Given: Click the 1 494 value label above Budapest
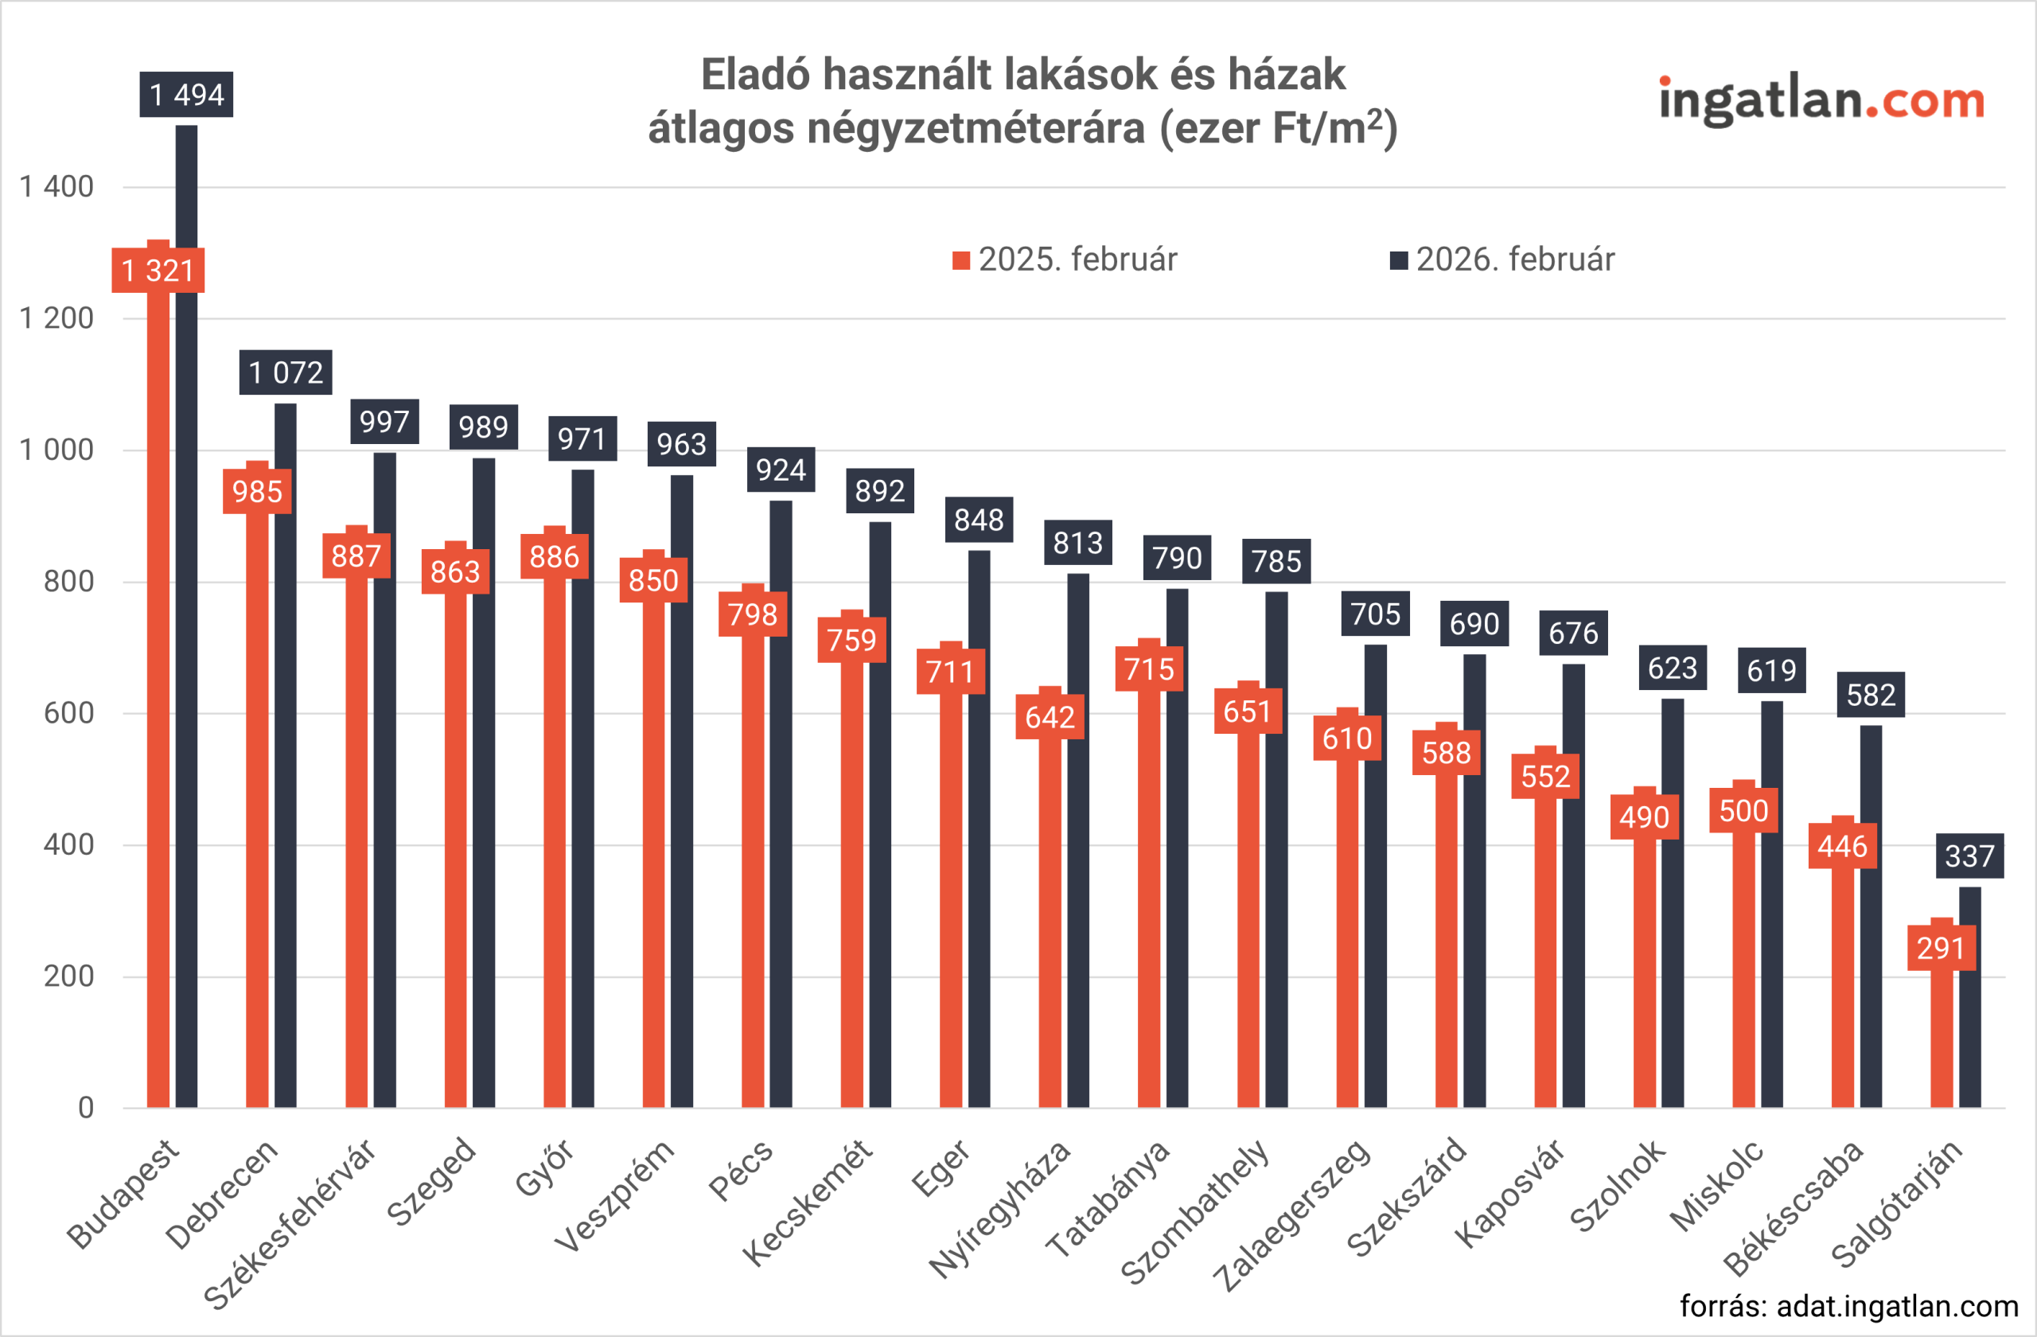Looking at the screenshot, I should coord(186,94).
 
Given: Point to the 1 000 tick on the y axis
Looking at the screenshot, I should coord(56,450).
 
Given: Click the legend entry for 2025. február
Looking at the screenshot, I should coord(1065,260).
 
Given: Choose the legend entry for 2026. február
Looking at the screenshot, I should coord(1503,260).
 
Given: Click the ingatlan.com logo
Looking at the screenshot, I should coord(1821,101).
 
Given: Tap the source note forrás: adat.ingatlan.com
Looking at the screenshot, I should coord(1848,1306).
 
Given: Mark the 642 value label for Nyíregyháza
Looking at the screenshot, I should coord(1050,717).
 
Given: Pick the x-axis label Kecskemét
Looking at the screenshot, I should coord(808,1202).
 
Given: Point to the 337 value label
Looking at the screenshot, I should coord(1969,856).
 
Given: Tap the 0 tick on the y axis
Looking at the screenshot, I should coord(86,1109).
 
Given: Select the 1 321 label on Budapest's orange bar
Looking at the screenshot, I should coord(158,271).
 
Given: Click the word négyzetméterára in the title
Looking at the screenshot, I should coord(976,128).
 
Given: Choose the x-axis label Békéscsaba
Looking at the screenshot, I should coord(1793,1207).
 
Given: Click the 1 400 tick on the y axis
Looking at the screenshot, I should coord(56,186).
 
